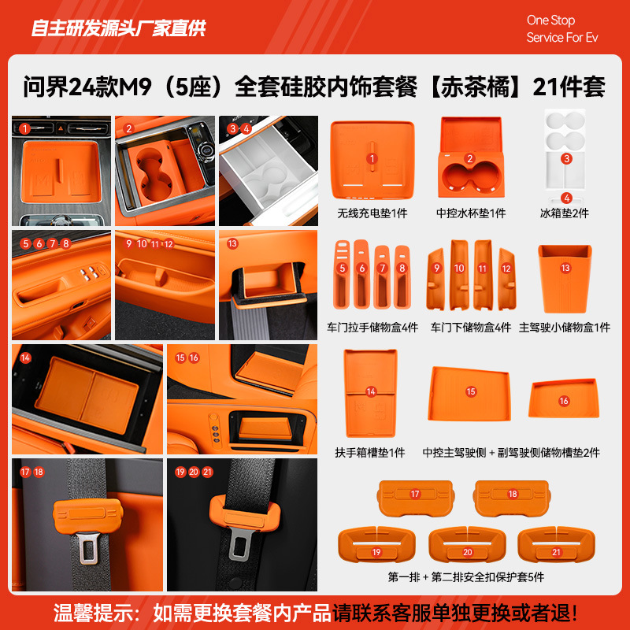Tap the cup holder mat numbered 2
[470, 161]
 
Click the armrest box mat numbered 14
[371, 394]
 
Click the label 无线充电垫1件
[372, 213]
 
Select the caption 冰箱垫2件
[565, 213]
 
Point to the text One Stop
[550, 20]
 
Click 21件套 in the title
[569, 87]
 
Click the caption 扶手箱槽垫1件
[370, 453]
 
